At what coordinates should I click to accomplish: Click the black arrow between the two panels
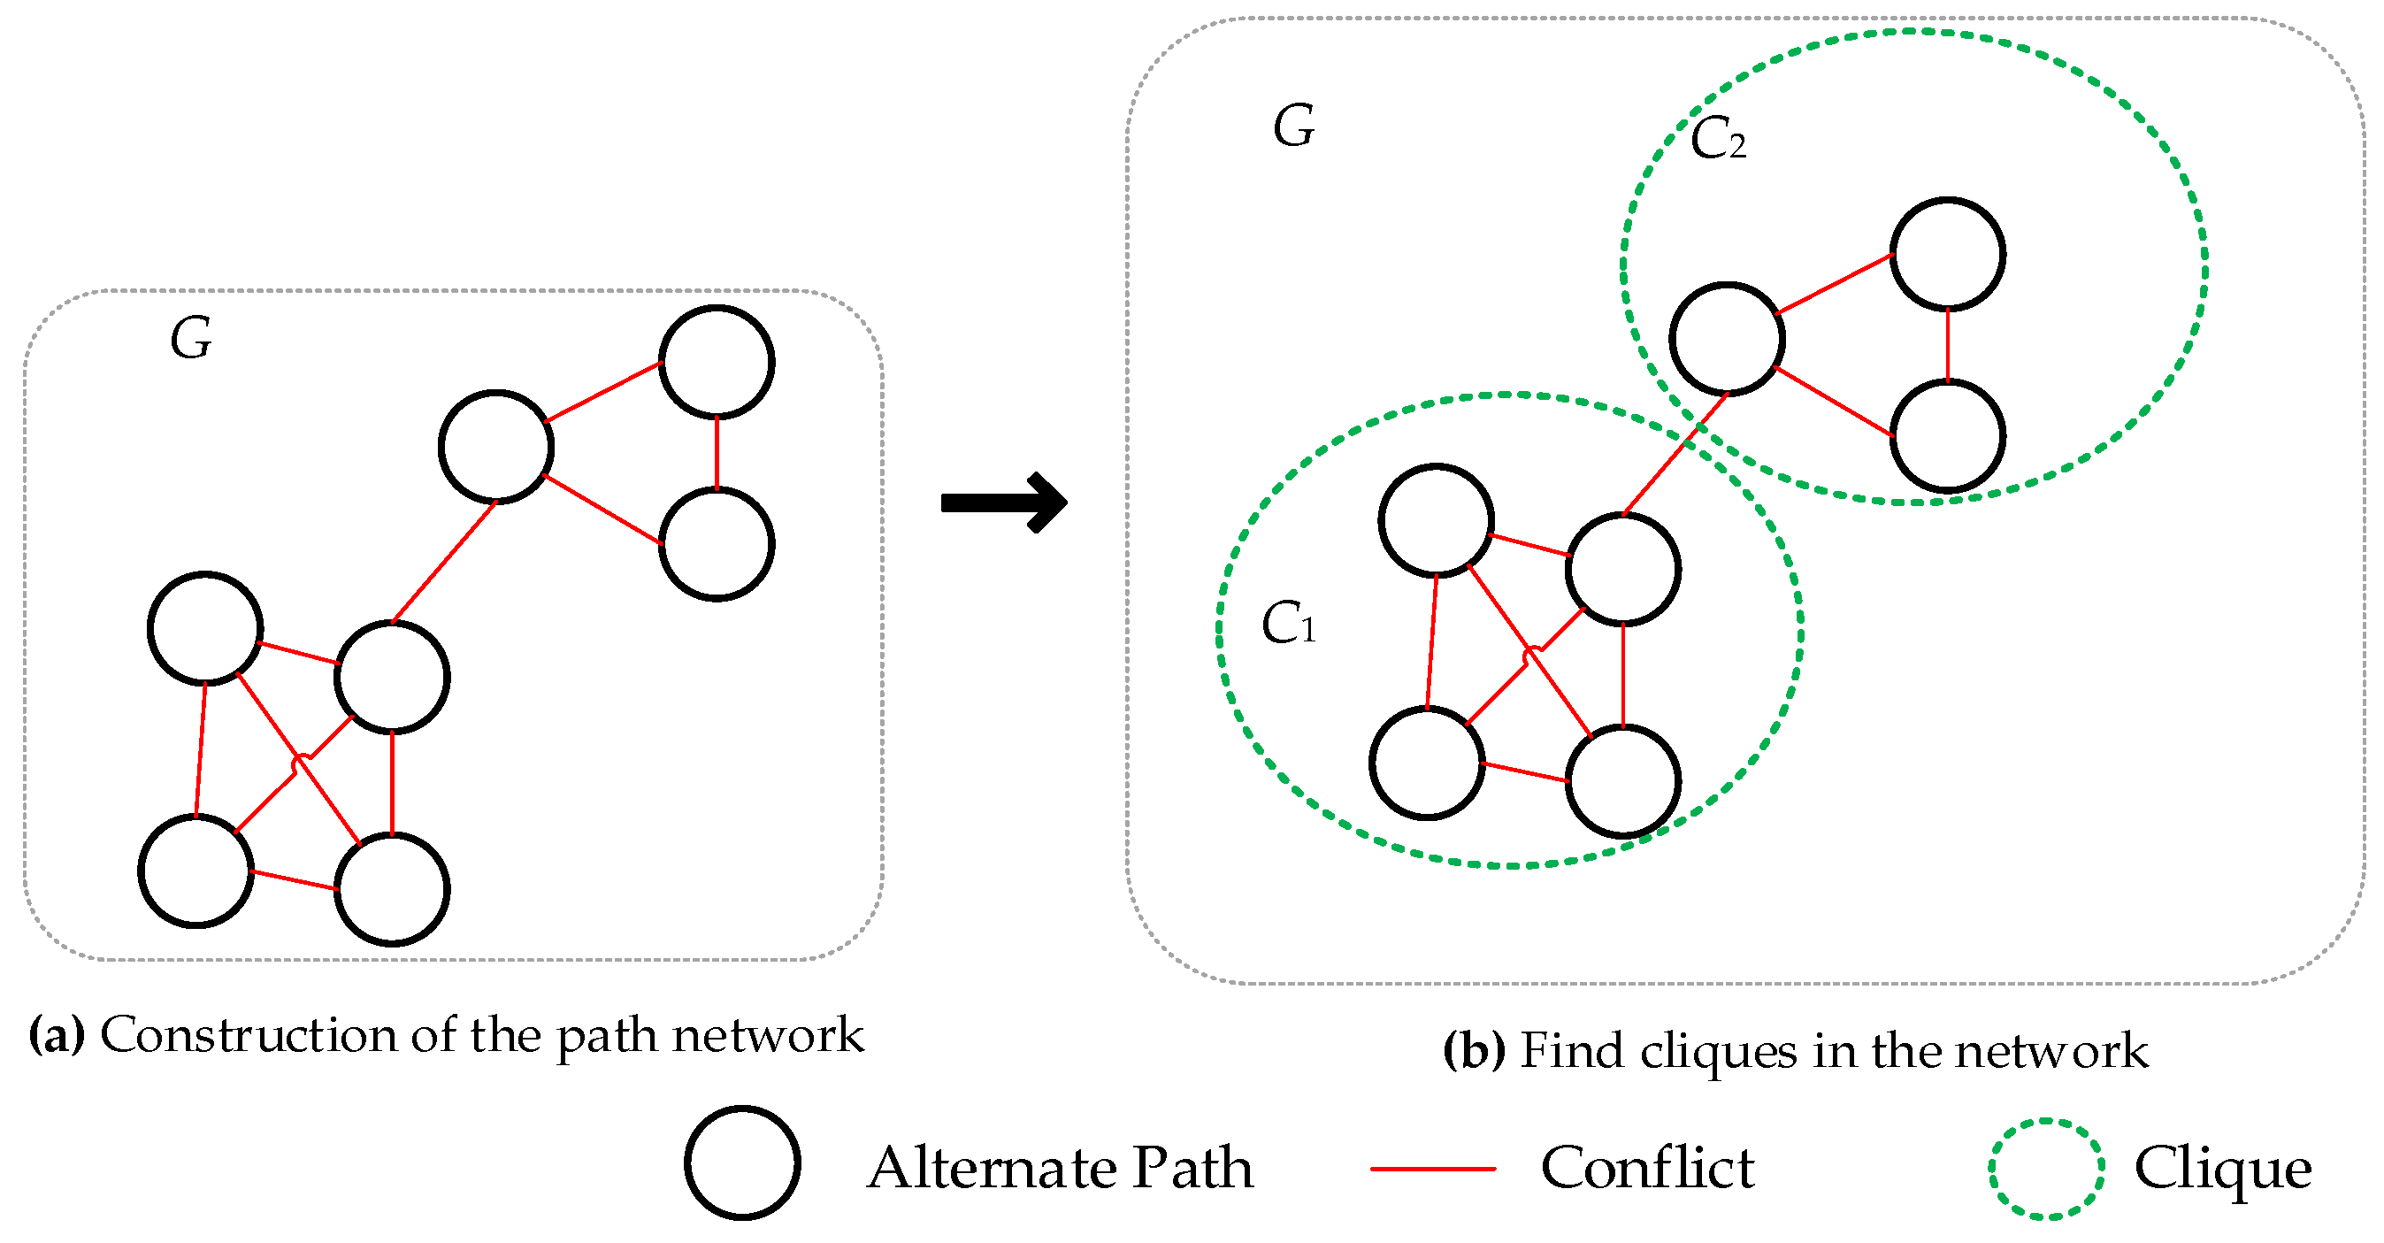[x=1004, y=503]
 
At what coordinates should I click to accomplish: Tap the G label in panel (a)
[x=192, y=338]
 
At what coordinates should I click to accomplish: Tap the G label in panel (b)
[x=1293, y=126]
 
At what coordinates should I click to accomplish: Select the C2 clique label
[x=1718, y=141]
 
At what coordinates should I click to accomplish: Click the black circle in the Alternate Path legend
[x=742, y=1162]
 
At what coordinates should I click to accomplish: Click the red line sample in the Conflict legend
[x=1433, y=1169]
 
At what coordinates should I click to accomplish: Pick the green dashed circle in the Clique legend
[x=2046, y=1169]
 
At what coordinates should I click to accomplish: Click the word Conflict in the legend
[x=1647, y=1167]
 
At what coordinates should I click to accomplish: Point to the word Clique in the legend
[x=2222, y=1169]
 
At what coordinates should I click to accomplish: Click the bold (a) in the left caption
[x=57, y=1035]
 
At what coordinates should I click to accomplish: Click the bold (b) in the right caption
[x=1474, y=1051]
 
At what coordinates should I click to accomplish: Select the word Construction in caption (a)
[x=248, y=1035]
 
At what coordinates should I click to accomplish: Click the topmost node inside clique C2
[x=1947, y=254]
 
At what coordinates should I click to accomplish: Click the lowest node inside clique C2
[x=1947, y=435]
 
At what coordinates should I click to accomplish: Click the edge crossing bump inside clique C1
[x=1531, y=654]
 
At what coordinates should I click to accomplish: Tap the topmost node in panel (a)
[x=717, y=362]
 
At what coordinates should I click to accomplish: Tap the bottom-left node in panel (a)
[x=196, y=870]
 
